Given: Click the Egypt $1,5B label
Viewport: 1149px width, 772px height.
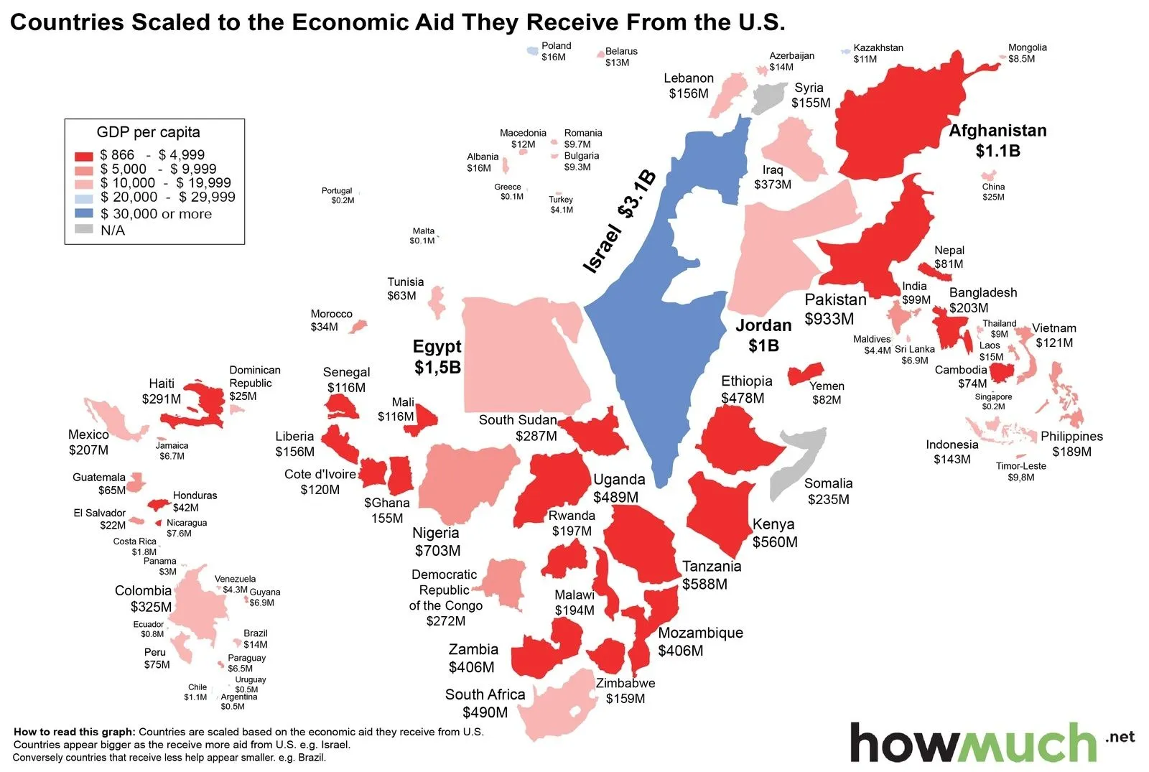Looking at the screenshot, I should click(437, 357).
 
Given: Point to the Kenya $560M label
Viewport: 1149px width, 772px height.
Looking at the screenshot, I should click(774, 533).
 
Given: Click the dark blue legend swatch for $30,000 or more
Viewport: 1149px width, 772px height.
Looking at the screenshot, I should click(84, 213).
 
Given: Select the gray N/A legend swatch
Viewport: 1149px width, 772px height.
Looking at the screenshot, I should click(84, 230).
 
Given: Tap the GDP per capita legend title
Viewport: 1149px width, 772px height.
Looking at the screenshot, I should click(148, 132).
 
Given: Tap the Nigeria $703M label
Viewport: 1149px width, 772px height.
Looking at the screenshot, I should click(437, 541).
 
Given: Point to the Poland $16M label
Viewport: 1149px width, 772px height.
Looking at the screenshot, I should click(555, 51).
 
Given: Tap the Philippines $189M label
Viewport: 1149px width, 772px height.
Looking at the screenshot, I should click(1071, 444).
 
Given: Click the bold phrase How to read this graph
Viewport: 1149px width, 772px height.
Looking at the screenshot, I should click(74, 732).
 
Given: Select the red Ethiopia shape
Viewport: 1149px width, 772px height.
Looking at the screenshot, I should click(736, 438).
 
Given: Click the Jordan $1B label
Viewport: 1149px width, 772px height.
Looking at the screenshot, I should click(763, 335).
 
